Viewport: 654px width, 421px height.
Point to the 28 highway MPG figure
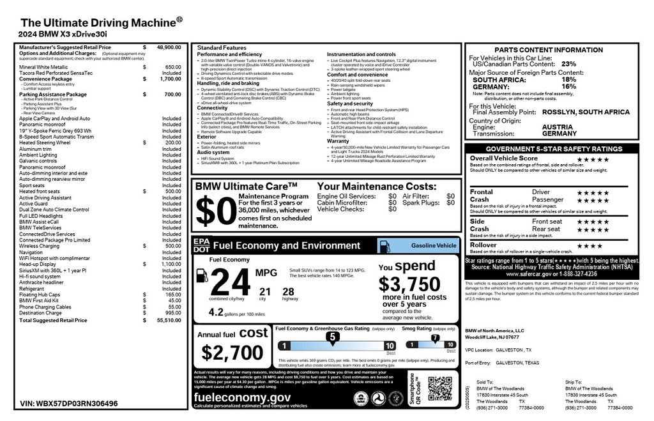pyautogui.click(x=287, y=292)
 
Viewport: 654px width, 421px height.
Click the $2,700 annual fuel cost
pyautogui.click(x=227, y=351)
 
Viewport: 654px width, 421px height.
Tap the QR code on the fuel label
pyautogui.click(x=439, y=388)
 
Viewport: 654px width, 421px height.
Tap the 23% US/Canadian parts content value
pyautogui.click(x=568, y=65)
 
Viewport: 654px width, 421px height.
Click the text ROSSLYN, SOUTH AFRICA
pyautogui.click(x=585, y=112)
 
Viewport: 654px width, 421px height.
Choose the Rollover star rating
pyautogui.click(x=589, y=245)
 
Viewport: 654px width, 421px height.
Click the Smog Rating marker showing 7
pyautogui.click(x=435, y=337)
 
